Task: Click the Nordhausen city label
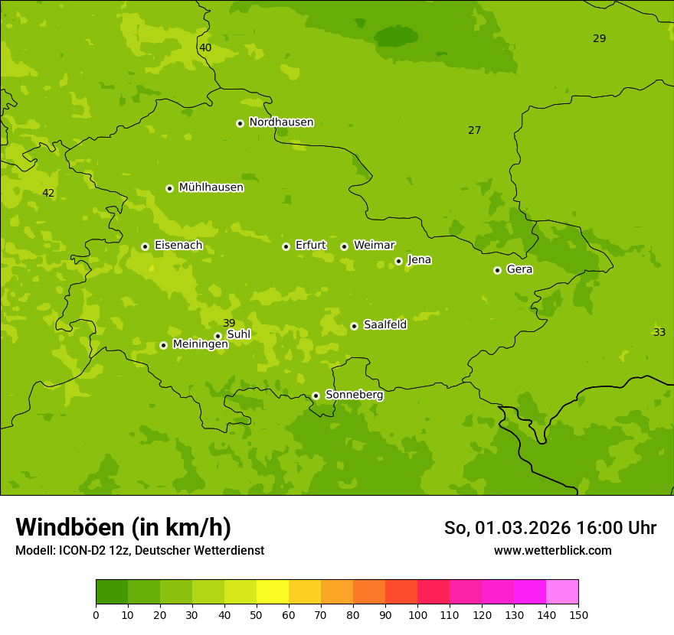281,122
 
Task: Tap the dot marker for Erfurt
286,246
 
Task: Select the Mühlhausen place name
211,187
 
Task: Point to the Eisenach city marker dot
145,246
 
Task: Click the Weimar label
374,246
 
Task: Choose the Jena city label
419,260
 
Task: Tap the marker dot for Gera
497,270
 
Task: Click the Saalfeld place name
384,325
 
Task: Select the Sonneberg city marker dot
316,396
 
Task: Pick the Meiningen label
200,344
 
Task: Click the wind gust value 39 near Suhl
229,323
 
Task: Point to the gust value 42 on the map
48,193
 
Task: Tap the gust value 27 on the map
475,130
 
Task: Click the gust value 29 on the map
600,38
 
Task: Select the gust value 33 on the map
659,332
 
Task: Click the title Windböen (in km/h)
123,527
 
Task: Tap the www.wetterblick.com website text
552,551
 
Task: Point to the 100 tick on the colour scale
417,614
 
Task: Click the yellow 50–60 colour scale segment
273,592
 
